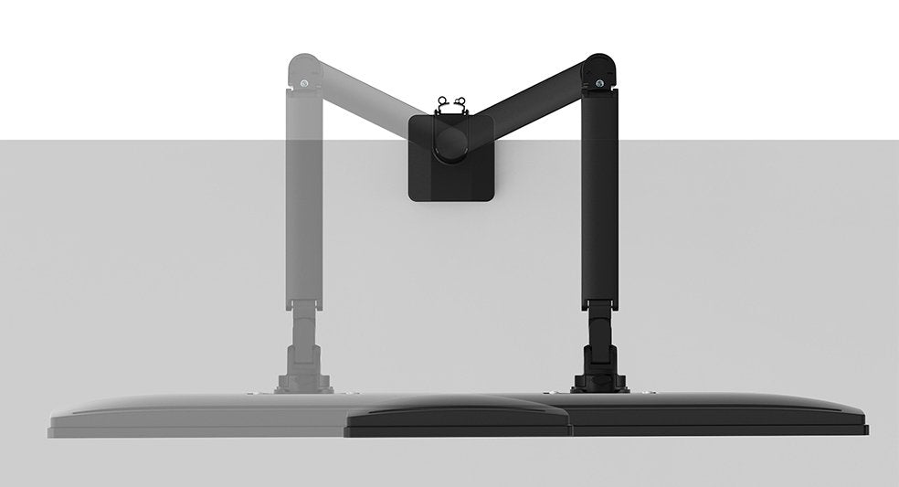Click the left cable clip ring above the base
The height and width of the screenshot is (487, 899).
pyautogui.click(x=443, y=101)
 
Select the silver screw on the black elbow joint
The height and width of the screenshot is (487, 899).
pyautogui.click(x=599, y=84)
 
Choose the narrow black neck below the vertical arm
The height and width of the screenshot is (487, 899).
pyautogui.click(x=599, y=320)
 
